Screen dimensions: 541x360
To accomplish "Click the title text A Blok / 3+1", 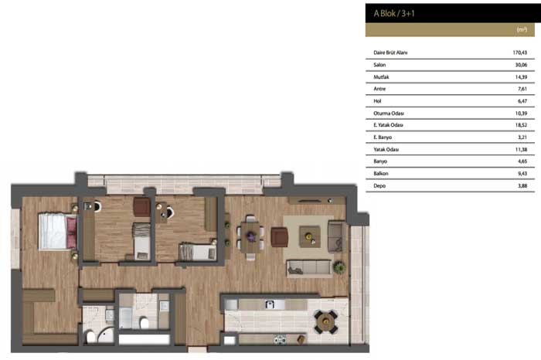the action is point(394,13).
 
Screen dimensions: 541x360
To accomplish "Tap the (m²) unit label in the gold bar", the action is point(522,29).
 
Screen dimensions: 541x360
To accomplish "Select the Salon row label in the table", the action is point(379,65).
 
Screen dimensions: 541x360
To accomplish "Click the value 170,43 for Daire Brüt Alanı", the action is point(519,53).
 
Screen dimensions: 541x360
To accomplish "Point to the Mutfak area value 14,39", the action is point(521,77).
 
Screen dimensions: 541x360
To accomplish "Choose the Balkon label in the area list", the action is point(381,174).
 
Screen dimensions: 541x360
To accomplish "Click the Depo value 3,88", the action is point(522,185).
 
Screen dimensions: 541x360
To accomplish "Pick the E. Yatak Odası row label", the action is point(388,125).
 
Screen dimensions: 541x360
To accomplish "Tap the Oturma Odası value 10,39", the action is point(521,113).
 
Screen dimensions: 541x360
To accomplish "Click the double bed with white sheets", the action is point(58,232).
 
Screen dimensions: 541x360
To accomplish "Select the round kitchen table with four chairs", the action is point(325,321).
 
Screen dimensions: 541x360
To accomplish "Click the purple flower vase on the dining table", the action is point(251,236).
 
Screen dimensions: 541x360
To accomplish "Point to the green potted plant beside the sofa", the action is point(339,267).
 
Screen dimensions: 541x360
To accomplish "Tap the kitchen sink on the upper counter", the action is point(270,304).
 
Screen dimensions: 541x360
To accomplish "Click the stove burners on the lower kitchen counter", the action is point(280,340).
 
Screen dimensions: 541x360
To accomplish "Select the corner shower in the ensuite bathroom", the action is point(105,335).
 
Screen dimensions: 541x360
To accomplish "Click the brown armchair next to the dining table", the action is point(280,237).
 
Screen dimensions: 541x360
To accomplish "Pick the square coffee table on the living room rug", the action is point(309,236).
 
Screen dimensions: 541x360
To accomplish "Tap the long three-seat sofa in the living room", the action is point(309,268).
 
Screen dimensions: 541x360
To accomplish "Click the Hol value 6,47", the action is point(522,101).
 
